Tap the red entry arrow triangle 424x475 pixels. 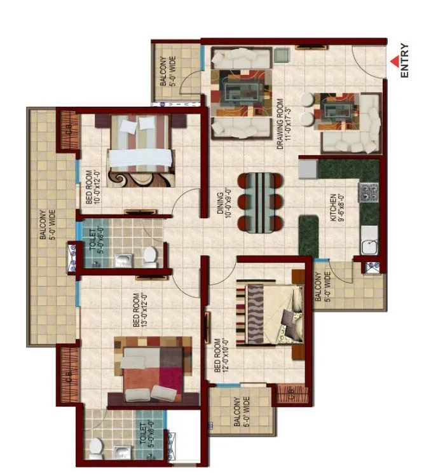tap(394, 61)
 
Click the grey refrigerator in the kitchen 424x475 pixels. tap(308, 168)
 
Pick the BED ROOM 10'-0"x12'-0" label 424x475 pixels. tap(93, 184)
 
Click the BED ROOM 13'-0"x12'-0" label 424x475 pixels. tap(140, 310)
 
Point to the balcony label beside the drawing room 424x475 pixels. tap(168, 71)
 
